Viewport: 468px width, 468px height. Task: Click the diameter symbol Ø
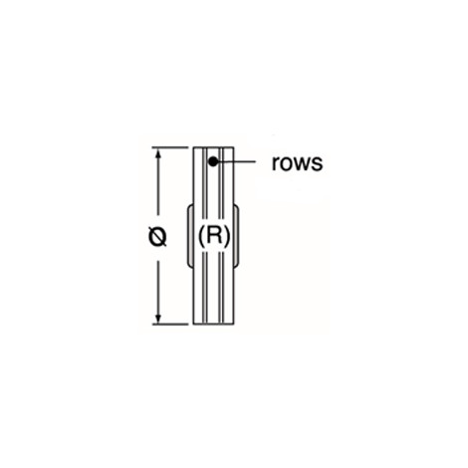click(x=157, y=237)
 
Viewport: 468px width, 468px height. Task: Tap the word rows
click(x=297, y=163)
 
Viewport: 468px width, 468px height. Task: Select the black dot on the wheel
click(x=213, y=162)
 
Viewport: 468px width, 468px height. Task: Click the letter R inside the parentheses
click(x=213, y=236)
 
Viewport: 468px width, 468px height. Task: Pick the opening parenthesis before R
click(x=201, y=237)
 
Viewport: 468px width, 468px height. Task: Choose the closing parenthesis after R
click(x=226, y=237)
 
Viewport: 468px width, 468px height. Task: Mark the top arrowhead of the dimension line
click(x=158, y=153)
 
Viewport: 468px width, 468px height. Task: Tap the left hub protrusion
click(x=190, y=236)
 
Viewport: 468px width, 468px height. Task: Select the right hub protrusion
click(x=236, y=236)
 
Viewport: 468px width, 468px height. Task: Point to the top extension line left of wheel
click(x=170, y=147)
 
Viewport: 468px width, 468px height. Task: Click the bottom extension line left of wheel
click(x=170, y=324)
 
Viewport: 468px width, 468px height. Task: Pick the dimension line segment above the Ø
click(x=158, y=186)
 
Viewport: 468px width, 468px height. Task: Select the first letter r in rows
click(x=275, y=164)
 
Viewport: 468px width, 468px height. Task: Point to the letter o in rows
click(x=286, y=164)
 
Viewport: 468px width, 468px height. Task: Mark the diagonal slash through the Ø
click(x=157, y=237)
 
